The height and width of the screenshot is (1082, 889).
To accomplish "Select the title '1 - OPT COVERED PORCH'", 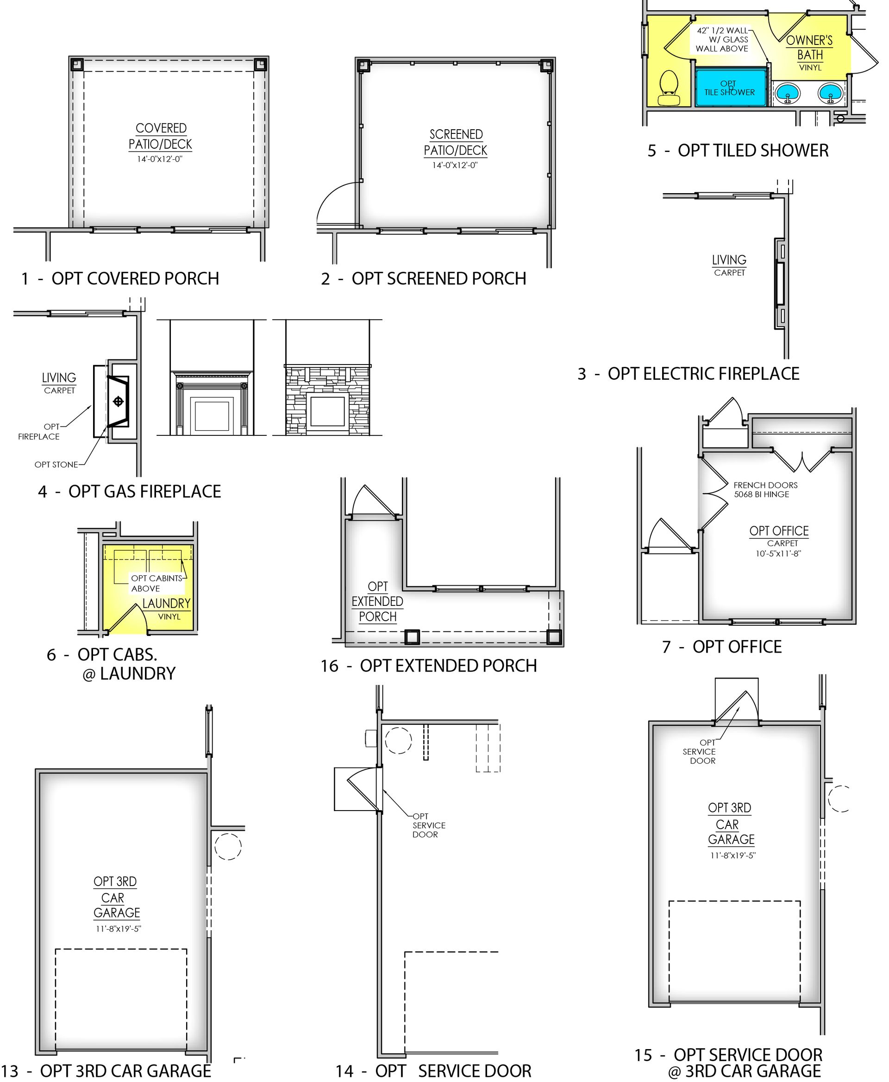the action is click(x=120, y=279).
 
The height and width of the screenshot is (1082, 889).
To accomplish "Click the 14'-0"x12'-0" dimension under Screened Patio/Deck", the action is click(x=455, y=165).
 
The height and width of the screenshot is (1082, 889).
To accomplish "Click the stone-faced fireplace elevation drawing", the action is click(x=328, y=400).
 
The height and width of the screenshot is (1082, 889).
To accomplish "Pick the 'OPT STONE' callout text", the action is click(x=56, y=465).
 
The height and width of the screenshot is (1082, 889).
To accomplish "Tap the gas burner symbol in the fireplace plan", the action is click(x=118, y=402).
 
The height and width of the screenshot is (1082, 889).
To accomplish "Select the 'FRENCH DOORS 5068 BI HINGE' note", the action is click(x=765, y=490).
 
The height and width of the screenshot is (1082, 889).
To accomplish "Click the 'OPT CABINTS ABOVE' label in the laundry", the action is click(x=157, y=583).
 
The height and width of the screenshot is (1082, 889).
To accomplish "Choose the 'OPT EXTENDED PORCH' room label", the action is click(x=378, y=602).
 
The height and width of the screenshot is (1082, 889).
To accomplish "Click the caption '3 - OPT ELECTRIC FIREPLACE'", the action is click(x=688, y=374).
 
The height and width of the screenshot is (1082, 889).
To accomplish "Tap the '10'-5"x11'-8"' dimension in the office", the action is click(x=778, y=554).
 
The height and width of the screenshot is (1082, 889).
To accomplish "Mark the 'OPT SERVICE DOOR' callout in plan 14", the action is click(x=429, y=825).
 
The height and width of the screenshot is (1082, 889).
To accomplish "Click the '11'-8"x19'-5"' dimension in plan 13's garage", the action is click(x=118, y=929).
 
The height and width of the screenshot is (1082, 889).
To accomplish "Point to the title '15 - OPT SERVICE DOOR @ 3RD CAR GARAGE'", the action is click(x=729, y=1063).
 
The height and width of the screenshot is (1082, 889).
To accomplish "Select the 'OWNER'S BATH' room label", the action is click(x=810, y=47).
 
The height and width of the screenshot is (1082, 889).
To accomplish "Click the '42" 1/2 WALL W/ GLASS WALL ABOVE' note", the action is click(x=722, y=39).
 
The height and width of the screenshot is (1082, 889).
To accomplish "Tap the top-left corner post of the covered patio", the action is click(x=77, y=64).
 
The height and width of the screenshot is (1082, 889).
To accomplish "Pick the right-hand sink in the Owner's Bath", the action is click(x=830, y=93).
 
